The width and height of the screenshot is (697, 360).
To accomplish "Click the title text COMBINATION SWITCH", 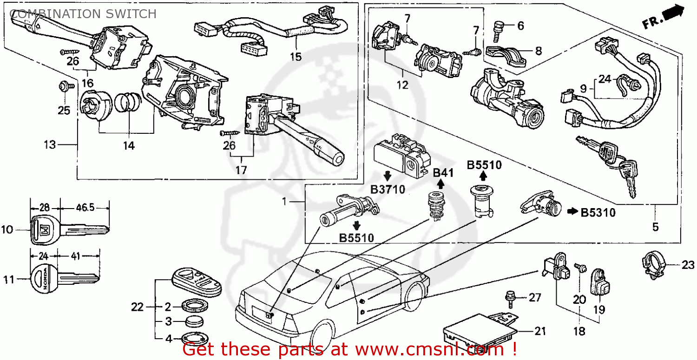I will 83,14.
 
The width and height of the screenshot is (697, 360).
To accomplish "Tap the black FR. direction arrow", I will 674,13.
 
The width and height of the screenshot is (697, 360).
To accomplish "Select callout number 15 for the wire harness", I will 296,57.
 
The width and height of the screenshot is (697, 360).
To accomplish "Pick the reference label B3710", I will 388,189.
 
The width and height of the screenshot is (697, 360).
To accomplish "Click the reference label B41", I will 443,173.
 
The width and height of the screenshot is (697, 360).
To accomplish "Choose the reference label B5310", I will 598,213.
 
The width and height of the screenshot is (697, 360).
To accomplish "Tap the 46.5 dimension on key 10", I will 85,208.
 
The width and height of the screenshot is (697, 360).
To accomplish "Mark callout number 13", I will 49,144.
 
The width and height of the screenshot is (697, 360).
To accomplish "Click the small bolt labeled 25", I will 64,86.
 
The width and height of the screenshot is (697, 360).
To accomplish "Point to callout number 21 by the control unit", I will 540,331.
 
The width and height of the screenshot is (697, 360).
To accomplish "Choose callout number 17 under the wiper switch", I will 240,170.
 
